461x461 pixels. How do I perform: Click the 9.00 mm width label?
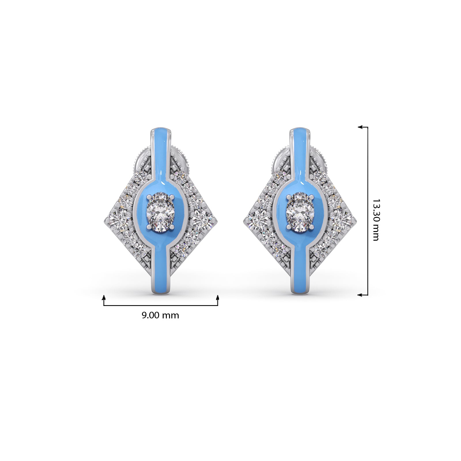[160, 315]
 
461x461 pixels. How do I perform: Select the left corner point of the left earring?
[104, 221]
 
